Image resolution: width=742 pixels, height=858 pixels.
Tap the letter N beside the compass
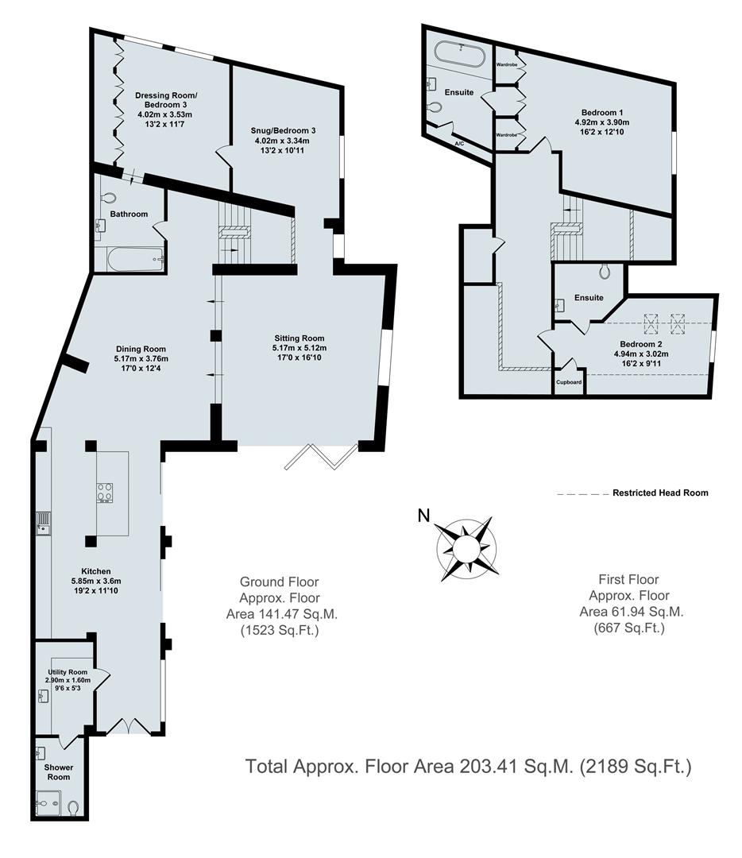425,516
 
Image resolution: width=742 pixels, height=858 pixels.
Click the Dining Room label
141,349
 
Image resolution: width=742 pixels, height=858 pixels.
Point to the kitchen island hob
105,493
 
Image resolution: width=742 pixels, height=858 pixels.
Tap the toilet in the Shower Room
74,807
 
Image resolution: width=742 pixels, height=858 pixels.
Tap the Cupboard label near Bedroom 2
569,382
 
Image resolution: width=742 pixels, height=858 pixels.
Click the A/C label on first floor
459,143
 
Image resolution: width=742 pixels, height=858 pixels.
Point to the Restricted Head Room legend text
659,493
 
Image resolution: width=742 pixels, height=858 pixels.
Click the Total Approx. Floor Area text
469,767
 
